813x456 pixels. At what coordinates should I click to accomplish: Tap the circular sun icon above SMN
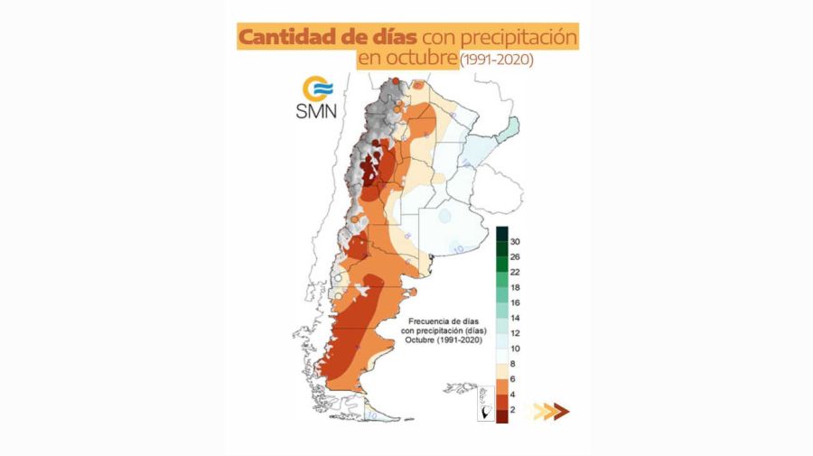pyautogui.click(x=316, y=88)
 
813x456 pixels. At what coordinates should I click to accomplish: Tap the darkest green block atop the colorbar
pyautogui.click(x=500, y=235)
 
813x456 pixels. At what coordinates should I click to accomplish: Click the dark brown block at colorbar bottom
pyautogui.click(x=500, y=414)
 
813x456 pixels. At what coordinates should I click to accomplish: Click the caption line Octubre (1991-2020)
pyautogui.click(x=441, y=341)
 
